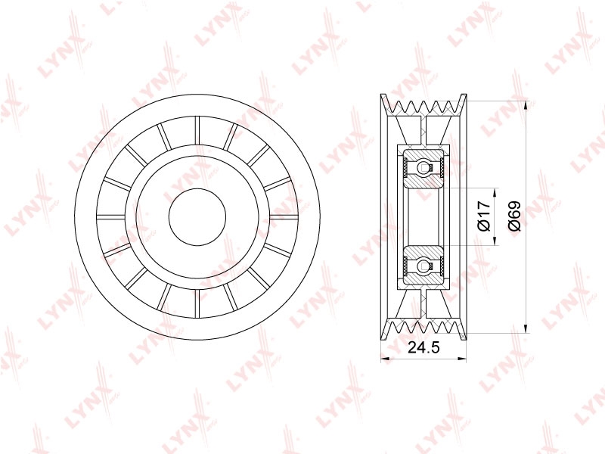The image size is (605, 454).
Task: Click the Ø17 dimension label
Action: pos(484,216)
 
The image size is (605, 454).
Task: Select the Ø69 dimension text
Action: pos(514,216)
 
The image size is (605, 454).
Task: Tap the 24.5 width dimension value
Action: pos(423,347)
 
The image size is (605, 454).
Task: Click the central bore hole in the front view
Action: pos(197,216)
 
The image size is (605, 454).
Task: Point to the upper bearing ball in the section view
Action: pos(423,167)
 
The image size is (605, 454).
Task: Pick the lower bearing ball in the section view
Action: pos(423,266)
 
